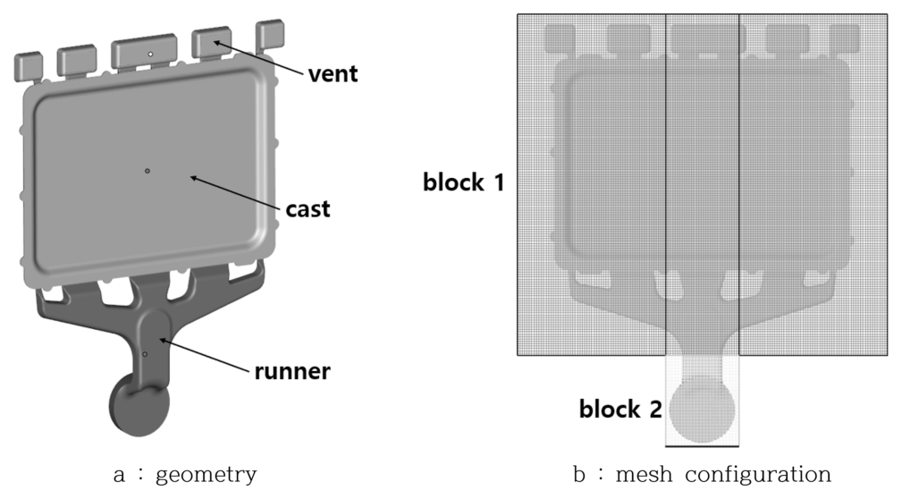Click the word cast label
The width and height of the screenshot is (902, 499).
coord(308,209)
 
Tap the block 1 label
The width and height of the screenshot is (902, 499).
coord(463,183)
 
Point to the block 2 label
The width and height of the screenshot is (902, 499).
coord(620,410)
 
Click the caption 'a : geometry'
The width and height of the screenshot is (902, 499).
coord(185,474)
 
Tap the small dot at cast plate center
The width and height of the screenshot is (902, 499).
coord(148,170)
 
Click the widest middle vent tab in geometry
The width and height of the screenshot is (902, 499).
coord(148,53)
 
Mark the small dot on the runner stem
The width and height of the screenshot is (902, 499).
coord(145,354)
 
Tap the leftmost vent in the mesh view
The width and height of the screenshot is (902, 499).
coord(560,37)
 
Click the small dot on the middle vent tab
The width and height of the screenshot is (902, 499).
coord(150,55)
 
